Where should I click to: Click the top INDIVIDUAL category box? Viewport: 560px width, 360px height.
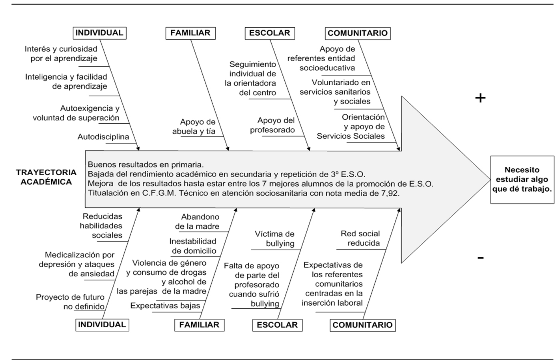(x=100, y=33)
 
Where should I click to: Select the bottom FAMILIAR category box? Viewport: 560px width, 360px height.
(x=199, y=325)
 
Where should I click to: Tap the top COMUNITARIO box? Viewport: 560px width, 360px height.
(x=358, y=33)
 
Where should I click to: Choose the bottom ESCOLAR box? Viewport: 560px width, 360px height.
(x=277, y=325)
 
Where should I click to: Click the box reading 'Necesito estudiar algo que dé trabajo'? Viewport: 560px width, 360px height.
(x=522, y=180)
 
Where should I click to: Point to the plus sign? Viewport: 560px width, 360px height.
(x=480, y=98)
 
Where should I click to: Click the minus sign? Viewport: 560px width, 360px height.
(x=480, y=258)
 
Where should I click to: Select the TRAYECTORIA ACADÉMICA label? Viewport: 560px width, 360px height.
(x=46, y=177)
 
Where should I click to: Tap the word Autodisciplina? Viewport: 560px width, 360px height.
(x=103, y=137)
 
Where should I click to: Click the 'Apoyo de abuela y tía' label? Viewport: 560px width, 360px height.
(x=194, y=126)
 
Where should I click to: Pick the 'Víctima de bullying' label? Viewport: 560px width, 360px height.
(x=275, y=239)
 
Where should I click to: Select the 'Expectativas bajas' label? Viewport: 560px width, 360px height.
(x=165, y=306)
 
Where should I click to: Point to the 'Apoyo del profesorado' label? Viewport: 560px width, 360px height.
(x=273, y=125)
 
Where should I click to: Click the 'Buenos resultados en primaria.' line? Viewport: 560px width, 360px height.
(x=146, y=164)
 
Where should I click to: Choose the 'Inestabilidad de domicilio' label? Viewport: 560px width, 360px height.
(x=193, y=246)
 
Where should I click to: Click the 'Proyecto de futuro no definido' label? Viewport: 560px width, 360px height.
(x=71, y=302)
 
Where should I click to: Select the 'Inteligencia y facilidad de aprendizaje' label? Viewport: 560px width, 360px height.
(x=66, y=82)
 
